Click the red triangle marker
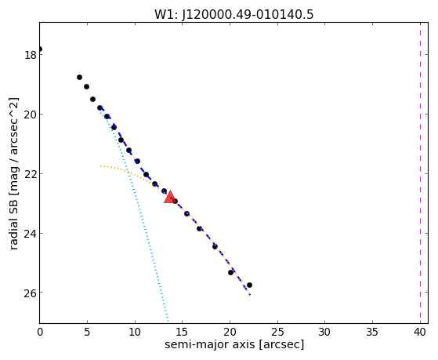170,197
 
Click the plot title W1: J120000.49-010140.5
234,15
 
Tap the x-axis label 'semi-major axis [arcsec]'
234,344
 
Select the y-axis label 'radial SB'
13,223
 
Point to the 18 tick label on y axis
31,55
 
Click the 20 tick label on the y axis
31,115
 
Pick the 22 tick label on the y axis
31,173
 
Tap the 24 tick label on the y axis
31,233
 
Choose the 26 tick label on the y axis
31,293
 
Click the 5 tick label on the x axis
87,332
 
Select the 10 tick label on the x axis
135,332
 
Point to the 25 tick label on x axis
277,332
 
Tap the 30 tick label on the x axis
324,332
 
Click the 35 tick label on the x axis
372,332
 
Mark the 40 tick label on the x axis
420,332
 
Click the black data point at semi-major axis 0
40,49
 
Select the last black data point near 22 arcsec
249,285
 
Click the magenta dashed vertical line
420,173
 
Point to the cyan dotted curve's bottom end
168,322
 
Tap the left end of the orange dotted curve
100,166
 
